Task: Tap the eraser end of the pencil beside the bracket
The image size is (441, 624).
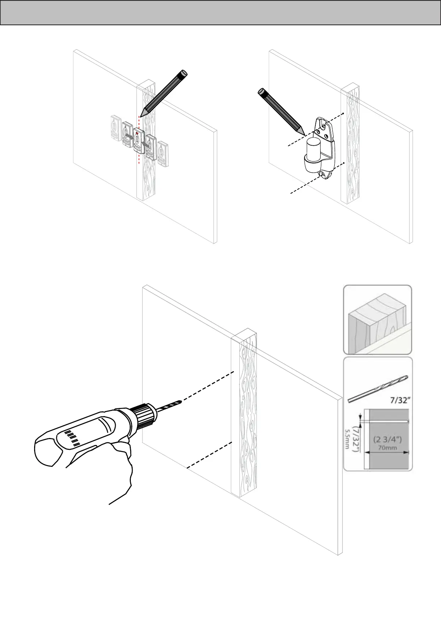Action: tap(261, 91)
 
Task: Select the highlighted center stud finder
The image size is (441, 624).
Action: tap(137, 140)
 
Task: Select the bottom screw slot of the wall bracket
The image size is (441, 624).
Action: tap(325, 173)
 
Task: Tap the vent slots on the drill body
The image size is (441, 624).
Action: tap(72, 438)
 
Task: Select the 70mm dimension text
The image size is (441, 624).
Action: tap(388, 447)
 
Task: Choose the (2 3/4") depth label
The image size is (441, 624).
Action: tap(387, 439)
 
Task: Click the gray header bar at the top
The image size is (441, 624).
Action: tap(220, 12)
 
